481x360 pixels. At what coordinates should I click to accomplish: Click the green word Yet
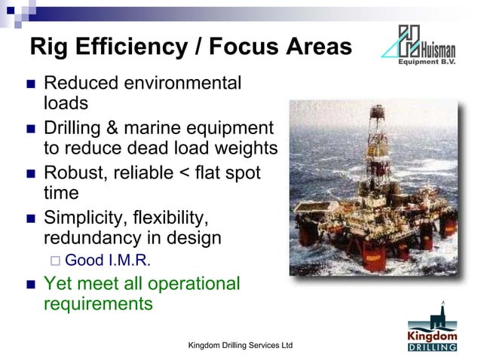[x=59, y=284]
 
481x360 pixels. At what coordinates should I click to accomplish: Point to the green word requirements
[x=98, y=304]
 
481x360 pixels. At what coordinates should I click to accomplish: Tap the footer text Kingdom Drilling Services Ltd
[x=240, y=345]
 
